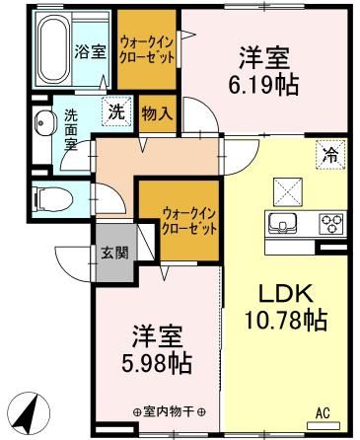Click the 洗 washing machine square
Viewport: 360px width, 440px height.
(116, 112)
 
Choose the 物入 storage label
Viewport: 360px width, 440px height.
(157, 112)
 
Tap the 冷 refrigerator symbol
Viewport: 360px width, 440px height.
(329, 153)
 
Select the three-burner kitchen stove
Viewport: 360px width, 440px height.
(330, 224)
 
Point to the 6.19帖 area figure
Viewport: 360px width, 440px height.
(265, 84)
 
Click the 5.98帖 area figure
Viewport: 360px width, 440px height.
(157, 358)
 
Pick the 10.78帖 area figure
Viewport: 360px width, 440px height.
(286, 320)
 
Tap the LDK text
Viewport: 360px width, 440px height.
(285, 293)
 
